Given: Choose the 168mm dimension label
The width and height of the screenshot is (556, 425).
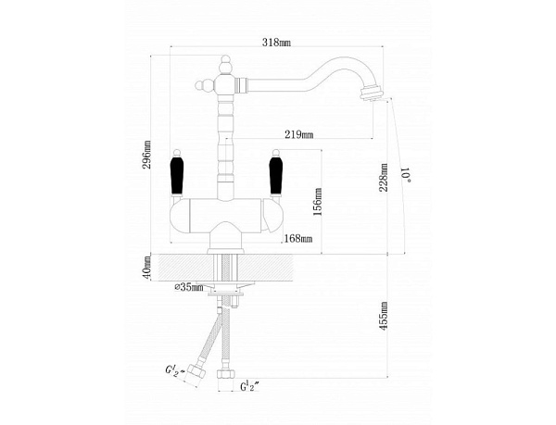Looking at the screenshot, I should click(298, 239).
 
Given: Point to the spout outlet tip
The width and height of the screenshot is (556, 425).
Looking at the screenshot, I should click(376, 93).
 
